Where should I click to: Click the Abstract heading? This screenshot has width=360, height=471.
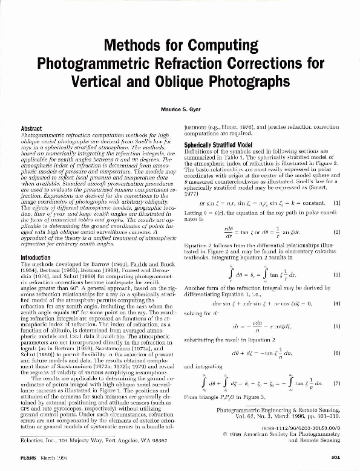pyautogui.click(x=31, y=129)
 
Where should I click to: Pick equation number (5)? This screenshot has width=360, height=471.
pyautogui.click(x=337, y=308)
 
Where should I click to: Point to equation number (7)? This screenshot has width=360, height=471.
pyautogui.click(x=337, y=366)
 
